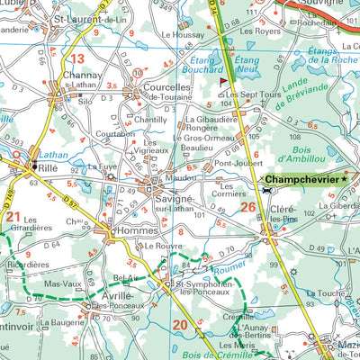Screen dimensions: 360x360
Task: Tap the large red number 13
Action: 76,60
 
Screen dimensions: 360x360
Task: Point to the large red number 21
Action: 13,216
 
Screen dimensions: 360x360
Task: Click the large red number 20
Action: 180,324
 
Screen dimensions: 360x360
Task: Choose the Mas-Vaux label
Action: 63,283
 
